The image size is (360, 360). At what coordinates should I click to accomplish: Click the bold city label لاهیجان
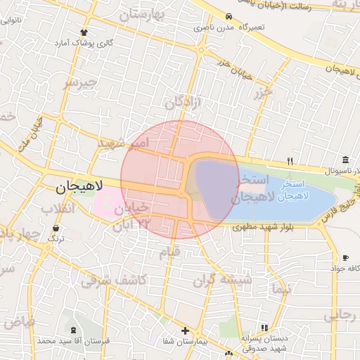[x=79, y=187]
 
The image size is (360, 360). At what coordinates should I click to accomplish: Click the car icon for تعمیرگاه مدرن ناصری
[x=228, y=16]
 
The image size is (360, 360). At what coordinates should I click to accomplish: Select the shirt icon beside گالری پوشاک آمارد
[x=84, y=32]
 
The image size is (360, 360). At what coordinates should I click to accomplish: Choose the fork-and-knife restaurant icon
[x=290, y=161]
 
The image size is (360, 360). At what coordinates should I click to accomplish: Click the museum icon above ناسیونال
[x=345, y=160]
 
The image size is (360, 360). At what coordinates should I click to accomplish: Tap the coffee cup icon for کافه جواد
[x=345, y=258]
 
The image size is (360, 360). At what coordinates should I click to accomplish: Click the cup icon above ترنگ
[x=56, y=229]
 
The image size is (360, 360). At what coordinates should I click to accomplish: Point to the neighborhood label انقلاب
[x=42, y=209]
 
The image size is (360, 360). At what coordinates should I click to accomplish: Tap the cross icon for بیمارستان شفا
[x=184, y=330]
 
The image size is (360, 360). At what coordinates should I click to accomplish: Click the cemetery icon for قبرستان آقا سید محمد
[x=75, y=330]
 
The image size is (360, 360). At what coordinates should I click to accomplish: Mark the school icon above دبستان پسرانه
[x=264, y=327]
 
